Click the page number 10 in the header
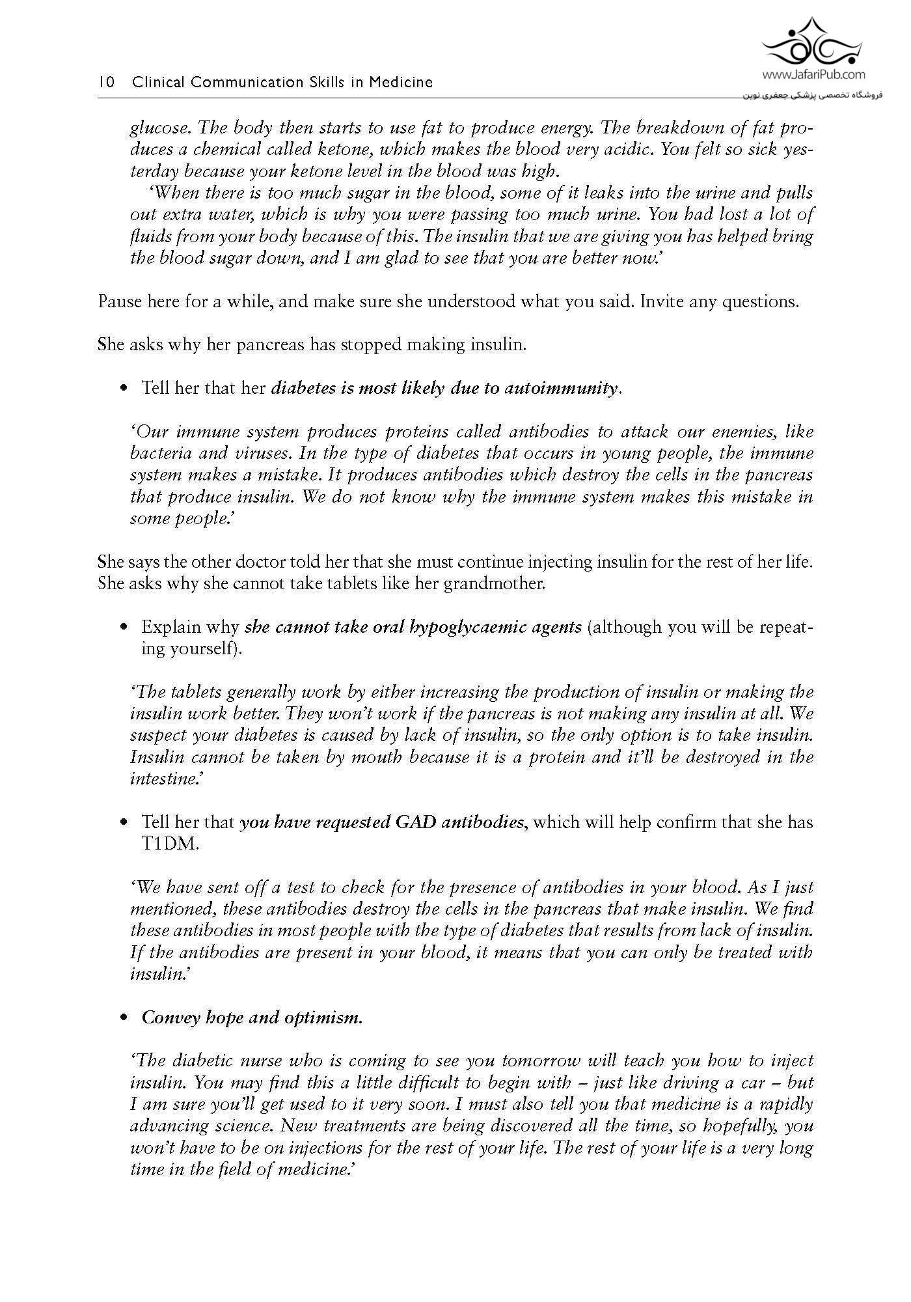click(106, 83)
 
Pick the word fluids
click(148, 236)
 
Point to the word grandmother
click(494, 584)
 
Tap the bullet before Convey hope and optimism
click(124, 1018)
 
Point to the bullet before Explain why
click(124, 628)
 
